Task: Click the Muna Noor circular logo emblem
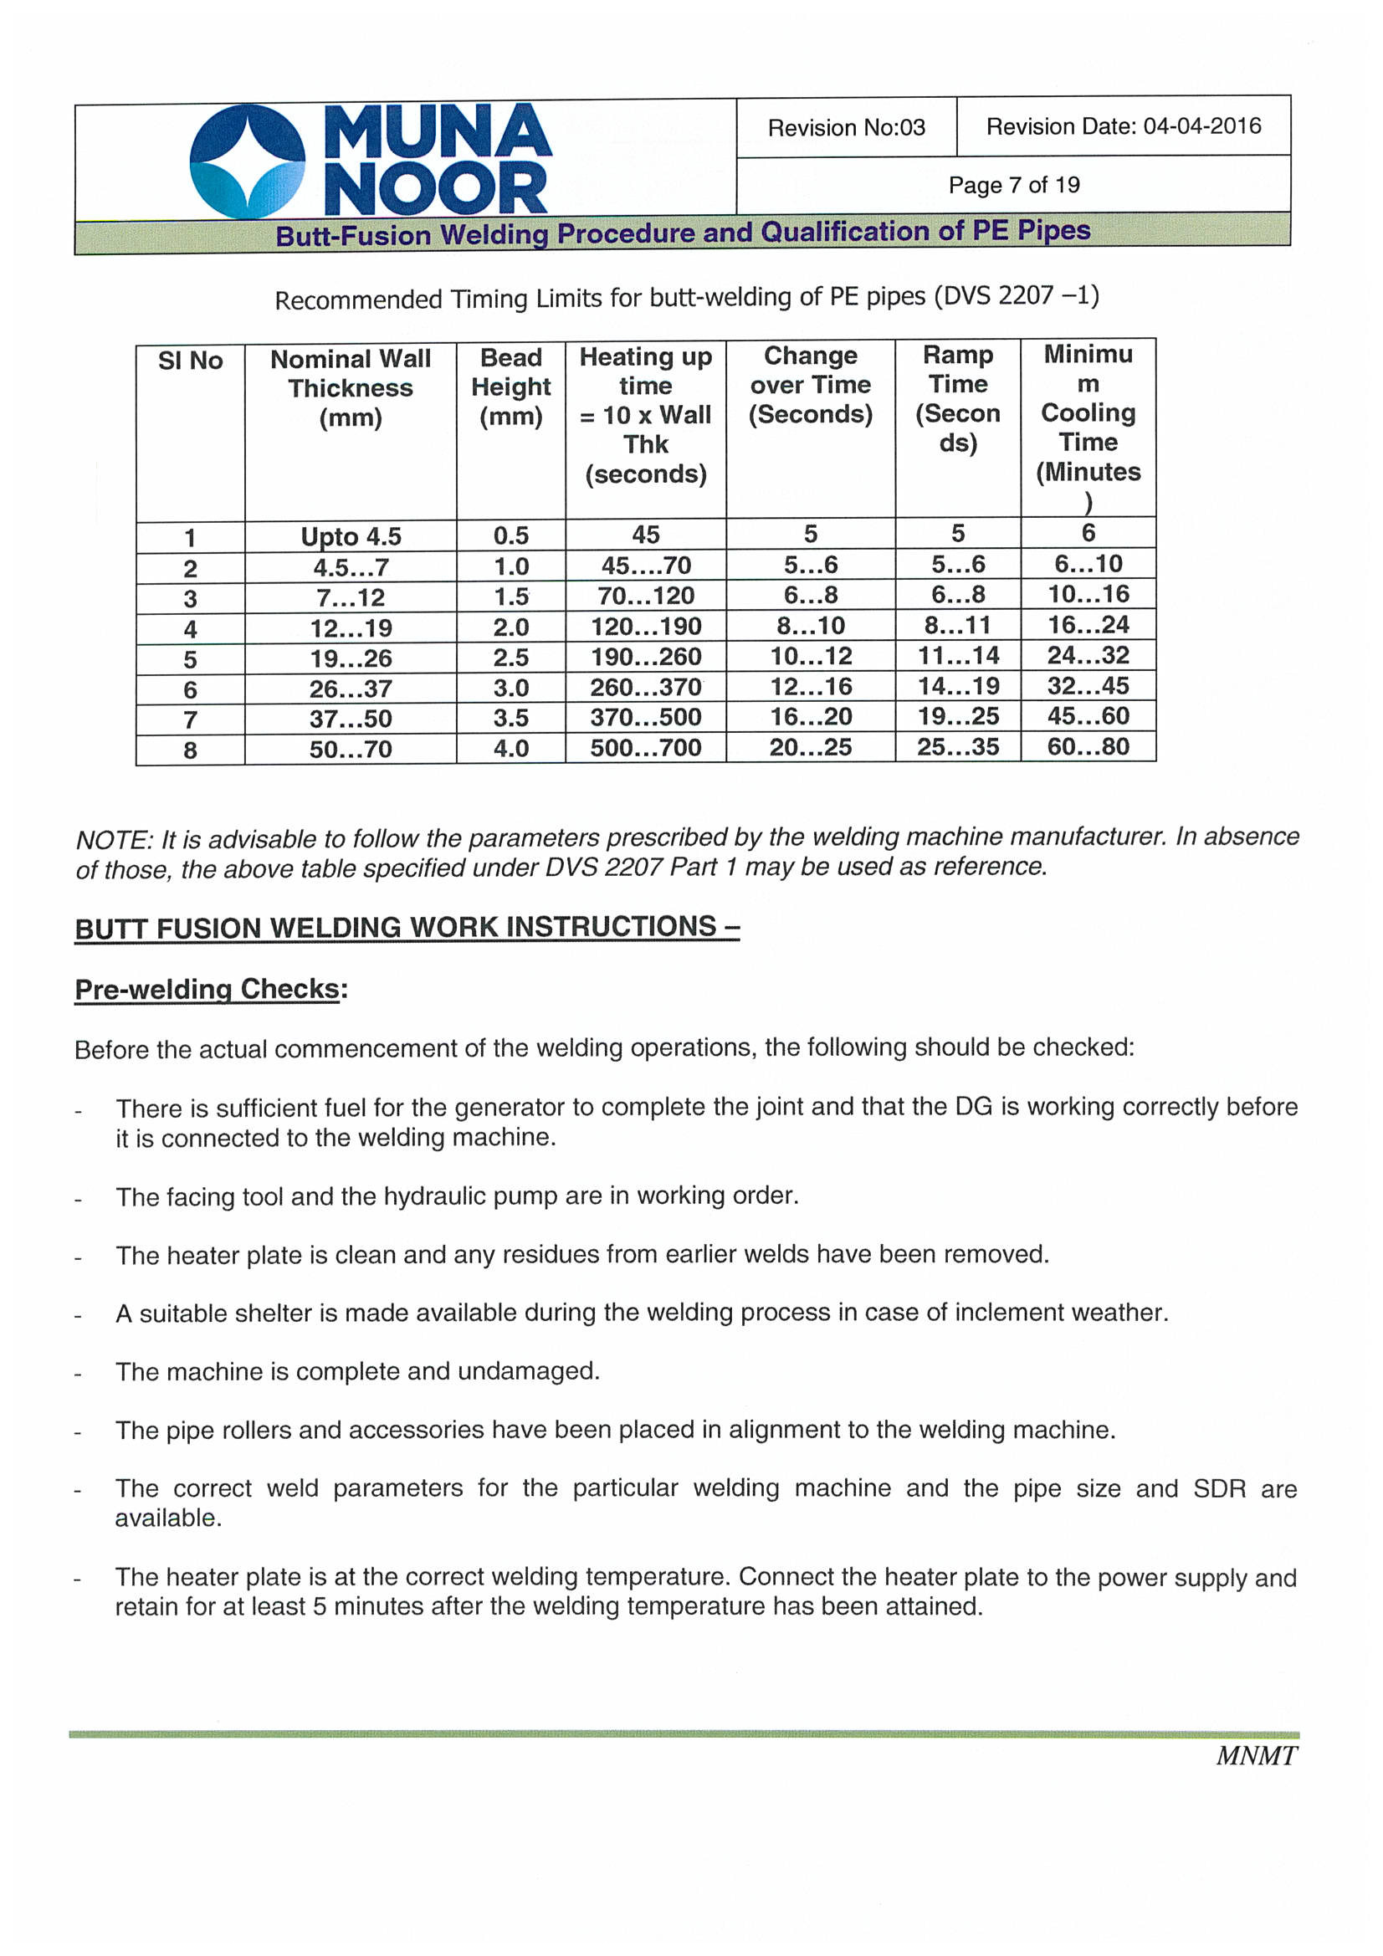pos(247,160)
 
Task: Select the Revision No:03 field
pos(845,128)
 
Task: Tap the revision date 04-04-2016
pos(1201,126)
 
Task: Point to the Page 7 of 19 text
pos(1013,185)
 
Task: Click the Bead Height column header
pos(510,387)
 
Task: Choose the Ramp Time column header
pos(957,399)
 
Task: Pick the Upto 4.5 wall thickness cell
pos(351,537)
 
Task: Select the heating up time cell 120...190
pos(645,627)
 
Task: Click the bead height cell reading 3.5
pos(510,718)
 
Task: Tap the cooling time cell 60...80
pos(1088,747)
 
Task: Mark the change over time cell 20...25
pos(810,748)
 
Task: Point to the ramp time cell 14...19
pos(957,687)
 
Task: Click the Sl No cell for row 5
pos(190,659)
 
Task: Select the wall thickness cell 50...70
pos(351,750)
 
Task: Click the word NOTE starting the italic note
pos(113,840)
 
